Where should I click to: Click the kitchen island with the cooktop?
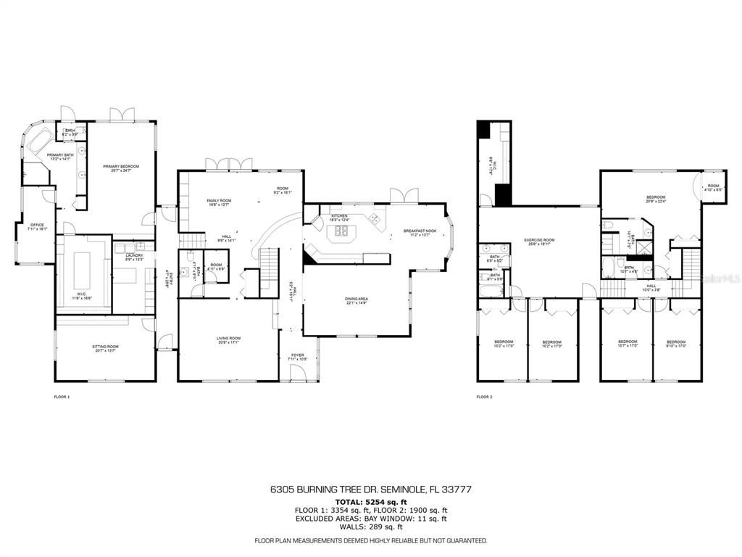341,232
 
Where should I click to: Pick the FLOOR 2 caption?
484,397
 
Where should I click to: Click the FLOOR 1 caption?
62,397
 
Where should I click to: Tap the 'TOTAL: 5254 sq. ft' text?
370,502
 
